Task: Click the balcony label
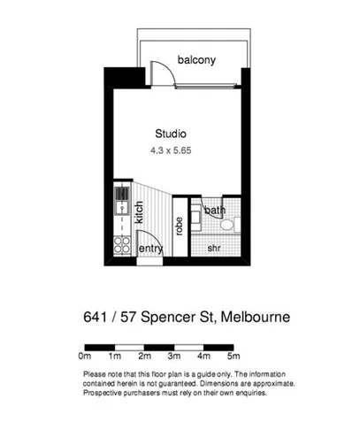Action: pyautogui.click(x=197, y=60)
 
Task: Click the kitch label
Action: pyautogui.click(x=139, y=213)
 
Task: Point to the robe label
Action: pyautogui.click(x=179, y=225)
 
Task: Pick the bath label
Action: pyautogui.click(x=214, y=211)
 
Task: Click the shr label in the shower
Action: pyautogui.click(x=213, y=249)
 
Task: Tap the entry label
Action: pyautogui.click(x=151, y=249)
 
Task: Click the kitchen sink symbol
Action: pyautogui.click(x=121, y=209)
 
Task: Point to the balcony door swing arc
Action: pyautogui.click(x=162, y=73)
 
